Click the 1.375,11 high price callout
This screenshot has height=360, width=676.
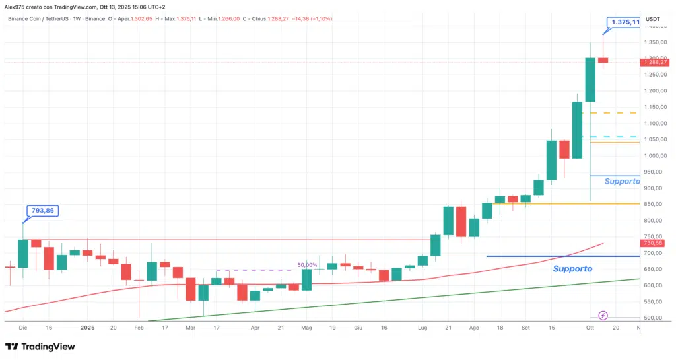coord(624,22)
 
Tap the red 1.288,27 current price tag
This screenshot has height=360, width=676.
coord(653,61)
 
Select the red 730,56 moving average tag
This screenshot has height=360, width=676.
coord(652,243)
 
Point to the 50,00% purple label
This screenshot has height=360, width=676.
coord(307,264)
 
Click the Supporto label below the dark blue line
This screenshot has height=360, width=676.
coord(572,269)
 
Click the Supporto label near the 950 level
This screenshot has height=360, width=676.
coord(622,181)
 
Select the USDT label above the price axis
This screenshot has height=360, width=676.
coord(652,19)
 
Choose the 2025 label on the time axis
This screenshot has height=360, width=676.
coord(87,327)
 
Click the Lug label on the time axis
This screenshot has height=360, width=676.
coord(422,327)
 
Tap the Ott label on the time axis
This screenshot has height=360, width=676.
coord(590,327)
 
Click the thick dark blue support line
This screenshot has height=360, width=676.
coord(561,256)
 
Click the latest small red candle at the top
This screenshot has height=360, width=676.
coord(603,60)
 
